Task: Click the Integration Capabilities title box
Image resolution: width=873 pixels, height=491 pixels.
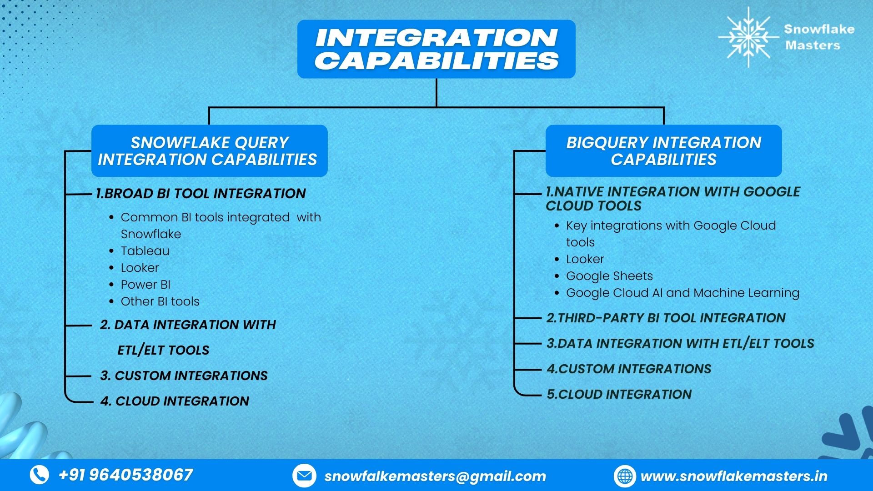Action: [436, 49]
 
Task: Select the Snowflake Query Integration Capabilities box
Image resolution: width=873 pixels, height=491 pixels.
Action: [209, 151]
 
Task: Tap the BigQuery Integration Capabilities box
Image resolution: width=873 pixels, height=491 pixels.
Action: [663, 151]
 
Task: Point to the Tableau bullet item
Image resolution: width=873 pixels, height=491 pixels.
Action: [145, 251]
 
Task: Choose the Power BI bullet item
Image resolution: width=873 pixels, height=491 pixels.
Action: [145, 285]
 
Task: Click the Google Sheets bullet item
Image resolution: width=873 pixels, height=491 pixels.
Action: [609, 276]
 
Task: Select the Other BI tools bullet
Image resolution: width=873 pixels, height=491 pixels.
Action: [160, 301]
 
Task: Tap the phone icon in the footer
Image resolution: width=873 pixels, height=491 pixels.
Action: [40, 475]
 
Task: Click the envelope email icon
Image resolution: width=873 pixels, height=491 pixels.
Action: [303, 476]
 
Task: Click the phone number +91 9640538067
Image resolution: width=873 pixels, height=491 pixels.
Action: [126, 475]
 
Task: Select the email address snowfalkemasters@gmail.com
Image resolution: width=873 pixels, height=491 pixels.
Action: [435, 476]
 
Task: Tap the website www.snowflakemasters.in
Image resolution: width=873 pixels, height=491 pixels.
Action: [734, 476]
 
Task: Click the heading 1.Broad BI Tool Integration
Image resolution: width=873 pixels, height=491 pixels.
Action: [201, 194]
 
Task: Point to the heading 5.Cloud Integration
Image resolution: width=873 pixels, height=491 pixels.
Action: [619, 394]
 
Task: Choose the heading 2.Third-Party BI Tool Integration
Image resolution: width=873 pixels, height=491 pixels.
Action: [666, 318]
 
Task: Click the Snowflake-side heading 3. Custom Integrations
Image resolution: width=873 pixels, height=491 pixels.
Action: [184, 376]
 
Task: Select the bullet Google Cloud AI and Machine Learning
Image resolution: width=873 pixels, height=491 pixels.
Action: [682, 293]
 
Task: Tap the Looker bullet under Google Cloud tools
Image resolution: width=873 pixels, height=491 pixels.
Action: [585, 259]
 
